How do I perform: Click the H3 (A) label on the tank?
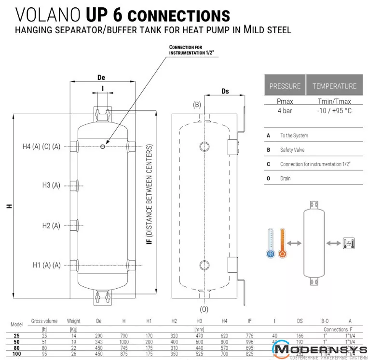[x=51, y=185]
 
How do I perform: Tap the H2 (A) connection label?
[x=51, y=225]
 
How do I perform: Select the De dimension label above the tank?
[x=101, y=78]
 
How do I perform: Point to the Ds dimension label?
[x=225, y=91]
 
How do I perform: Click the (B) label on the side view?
[x=197, y=105]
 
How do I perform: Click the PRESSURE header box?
[x=285, y=86]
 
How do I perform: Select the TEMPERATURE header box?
[x=334, y=86]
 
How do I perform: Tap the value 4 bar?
[x=285, y=110]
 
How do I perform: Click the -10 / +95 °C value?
[x=334, y=110]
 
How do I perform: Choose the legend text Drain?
[x=286, y=178]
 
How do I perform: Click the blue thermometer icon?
[x=270, y=244]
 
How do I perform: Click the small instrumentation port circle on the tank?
[x=103, y=147]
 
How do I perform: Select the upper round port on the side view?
[x=204, y=146]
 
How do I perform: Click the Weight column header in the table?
[x=74, y=321]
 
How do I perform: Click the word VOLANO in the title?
[x=47, y=14]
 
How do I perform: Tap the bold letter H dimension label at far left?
[x=9, y=206]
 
